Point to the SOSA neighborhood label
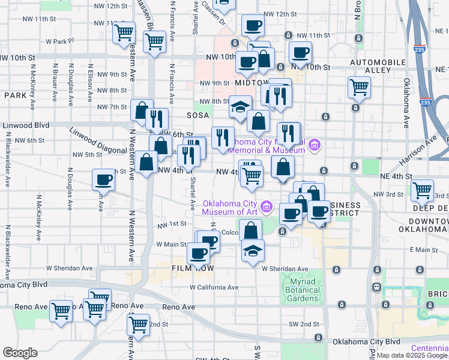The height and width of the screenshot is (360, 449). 197,115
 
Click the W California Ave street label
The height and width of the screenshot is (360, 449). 217,287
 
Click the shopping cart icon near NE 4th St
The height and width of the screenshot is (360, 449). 423,190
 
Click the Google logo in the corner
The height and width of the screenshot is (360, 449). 20,353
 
